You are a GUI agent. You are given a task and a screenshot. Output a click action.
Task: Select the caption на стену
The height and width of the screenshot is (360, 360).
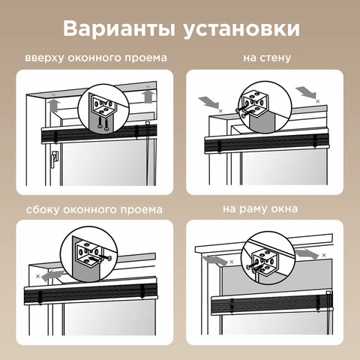(267, 58)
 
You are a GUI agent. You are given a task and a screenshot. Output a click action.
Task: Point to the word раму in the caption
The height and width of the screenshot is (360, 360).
(253, 208)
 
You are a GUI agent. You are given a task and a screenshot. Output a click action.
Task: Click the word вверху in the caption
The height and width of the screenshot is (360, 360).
(44, 58)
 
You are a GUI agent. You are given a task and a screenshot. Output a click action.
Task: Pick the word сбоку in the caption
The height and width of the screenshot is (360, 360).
(43, 209)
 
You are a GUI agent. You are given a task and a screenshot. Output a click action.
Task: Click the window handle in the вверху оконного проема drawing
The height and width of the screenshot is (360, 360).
(55, 159)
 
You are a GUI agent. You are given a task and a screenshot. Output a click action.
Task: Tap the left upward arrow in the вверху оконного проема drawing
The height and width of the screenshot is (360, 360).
(55, 106)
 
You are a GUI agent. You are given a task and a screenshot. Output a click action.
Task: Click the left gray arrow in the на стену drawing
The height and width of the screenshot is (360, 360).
(208, 103)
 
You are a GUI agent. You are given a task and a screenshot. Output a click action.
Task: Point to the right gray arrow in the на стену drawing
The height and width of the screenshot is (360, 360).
(306, 92)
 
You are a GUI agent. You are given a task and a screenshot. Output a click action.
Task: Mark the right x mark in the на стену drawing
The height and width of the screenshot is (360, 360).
(318, 101)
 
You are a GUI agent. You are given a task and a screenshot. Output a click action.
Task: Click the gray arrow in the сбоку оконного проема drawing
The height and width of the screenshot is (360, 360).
(52, 275)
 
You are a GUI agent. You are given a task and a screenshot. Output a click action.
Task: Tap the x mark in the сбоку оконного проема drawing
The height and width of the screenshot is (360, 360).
(37, 276)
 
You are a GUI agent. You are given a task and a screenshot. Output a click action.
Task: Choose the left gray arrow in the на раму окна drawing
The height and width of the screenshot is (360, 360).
(215, 260)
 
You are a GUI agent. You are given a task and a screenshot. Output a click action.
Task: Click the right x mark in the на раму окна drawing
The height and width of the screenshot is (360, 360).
(324, 255)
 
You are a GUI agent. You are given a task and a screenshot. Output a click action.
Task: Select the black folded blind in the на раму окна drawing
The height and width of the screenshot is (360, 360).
(272, 304)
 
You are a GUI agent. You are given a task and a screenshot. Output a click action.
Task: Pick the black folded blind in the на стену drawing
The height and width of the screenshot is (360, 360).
(267, 143)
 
